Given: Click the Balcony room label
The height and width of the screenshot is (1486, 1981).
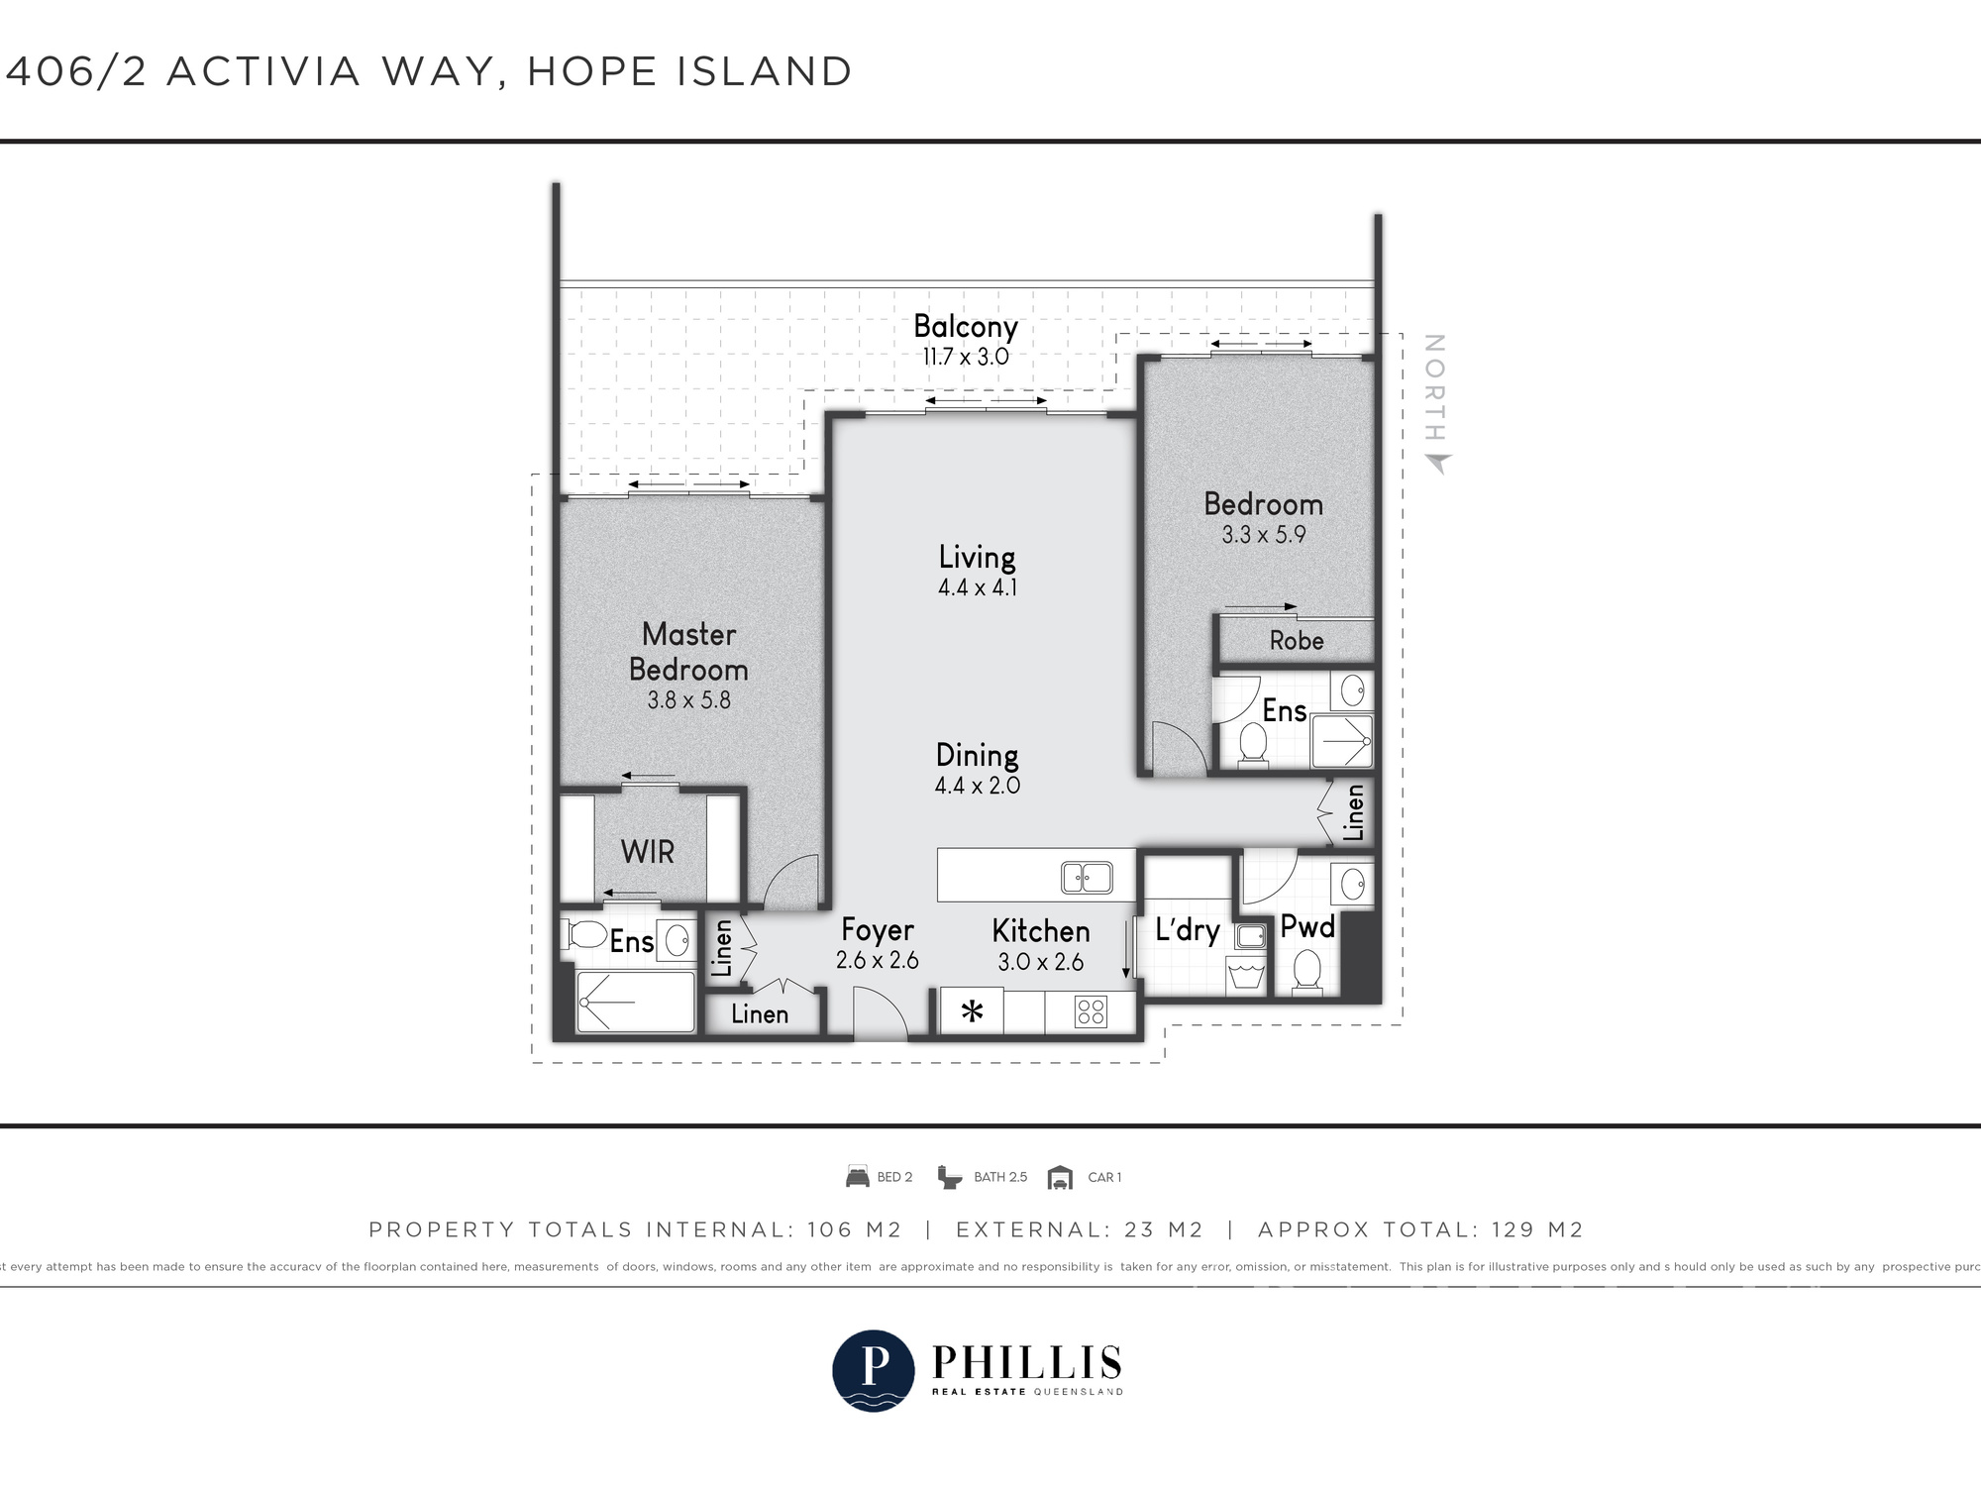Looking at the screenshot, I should (x=965, y=326).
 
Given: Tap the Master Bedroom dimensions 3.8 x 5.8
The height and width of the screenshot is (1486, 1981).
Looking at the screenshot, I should (x=688, y=700).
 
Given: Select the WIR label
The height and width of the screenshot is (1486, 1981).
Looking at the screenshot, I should (x=647, y=852).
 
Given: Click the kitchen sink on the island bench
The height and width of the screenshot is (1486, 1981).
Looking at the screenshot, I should (x=1087, y=878).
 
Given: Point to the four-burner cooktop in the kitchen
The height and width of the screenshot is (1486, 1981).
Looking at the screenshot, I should (x=1091, y=1011).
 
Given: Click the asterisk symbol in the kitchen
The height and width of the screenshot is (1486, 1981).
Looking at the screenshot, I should (x=972, y=1012).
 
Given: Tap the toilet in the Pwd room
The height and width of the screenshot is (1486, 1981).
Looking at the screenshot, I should (x=1307, y=971).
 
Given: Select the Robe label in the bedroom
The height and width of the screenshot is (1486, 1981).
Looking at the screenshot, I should (x=1297, y=641).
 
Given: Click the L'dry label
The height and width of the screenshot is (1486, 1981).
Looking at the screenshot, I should (x=1187, y=930).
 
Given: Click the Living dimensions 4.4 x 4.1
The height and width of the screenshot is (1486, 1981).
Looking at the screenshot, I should (x=977, y=587).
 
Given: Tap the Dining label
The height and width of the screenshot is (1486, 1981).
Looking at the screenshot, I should (x=977, y=756).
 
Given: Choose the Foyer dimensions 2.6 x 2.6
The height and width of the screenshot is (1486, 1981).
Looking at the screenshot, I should (x=877, y=960).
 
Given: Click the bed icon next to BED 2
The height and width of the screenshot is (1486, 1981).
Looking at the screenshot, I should (x=857, y=1177).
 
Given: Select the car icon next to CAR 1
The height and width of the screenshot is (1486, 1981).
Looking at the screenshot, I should (x=1060, y=1177).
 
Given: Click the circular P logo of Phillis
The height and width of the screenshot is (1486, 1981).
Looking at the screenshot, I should (x=873, y=1370).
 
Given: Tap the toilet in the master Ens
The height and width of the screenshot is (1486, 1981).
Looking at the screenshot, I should (x=586, y=934).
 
